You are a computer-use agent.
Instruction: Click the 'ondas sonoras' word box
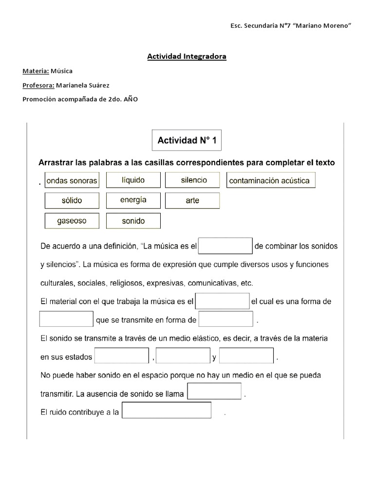click(x=72, y=181)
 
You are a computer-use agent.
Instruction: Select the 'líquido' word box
click(x=133, y=180)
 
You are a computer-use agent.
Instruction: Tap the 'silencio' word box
click(x=193, y=180)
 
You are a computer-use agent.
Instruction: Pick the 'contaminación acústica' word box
click(x=269, y=181)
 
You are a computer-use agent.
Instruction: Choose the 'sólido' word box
click(x=72, y=200)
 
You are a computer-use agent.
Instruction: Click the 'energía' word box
click(x=133, y=200)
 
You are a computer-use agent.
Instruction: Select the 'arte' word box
click(x=192, y=200)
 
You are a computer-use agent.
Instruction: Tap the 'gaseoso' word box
click(x=72, y=221)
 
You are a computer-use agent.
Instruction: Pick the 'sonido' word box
click(x=133, y=221)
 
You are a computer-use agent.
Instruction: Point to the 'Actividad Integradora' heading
click(x=187, y=57)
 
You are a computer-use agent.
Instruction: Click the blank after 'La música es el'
click(x=225, y=246)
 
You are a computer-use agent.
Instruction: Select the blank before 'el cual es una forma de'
click(x=222, y=301)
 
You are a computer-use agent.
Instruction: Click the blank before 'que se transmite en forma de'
click(x=66, y=320)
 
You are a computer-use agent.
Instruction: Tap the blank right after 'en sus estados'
click(x=122, y=356)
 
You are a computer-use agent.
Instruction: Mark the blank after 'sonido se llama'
click(x=214, y=391)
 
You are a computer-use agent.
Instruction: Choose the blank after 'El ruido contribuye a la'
click(x=167, y=410)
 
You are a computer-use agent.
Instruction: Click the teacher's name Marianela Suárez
click(x=83, y=85)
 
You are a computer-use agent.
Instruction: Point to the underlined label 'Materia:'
click(x=36, y=71)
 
